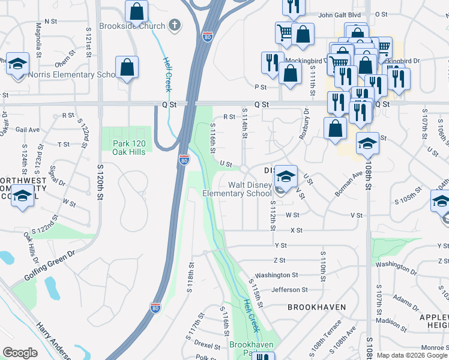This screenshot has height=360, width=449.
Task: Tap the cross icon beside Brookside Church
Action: click(174, 26)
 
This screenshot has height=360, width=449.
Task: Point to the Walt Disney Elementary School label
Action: click(237, 189)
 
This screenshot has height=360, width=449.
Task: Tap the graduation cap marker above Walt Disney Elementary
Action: click(286, 176)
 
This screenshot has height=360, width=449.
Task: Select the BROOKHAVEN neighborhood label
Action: click(316, 307)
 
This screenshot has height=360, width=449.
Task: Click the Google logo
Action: click(20, 353)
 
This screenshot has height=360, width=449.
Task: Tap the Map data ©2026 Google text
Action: click(412, 355)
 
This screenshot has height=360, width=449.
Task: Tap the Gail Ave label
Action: click(27, 129)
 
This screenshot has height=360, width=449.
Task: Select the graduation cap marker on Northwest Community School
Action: click(23, 197)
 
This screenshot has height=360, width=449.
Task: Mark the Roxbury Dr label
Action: click(305, 123)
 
